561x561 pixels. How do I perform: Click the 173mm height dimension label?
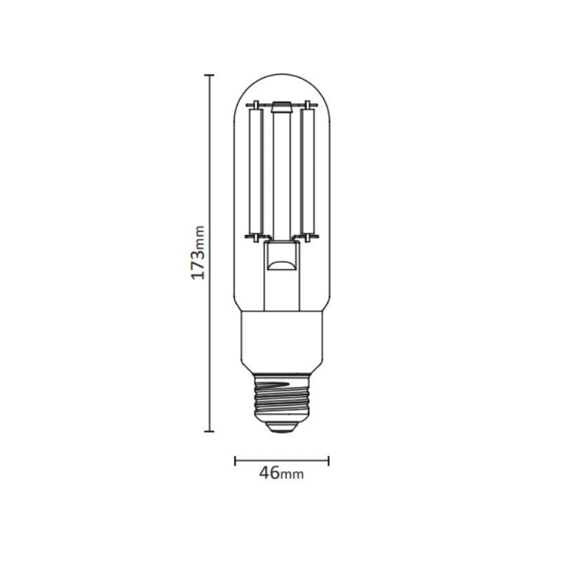pos(198,252)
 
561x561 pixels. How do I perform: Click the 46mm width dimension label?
pos(280,473)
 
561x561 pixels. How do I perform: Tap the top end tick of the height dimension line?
pos(209,74)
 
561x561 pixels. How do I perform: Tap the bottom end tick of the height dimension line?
pos(209,432)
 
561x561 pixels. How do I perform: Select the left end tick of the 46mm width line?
pos(235,461)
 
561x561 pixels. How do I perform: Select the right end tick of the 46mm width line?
pos(329,461)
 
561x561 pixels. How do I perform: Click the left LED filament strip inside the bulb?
pos(256,172)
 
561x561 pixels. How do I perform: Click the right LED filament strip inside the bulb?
pos(306,172)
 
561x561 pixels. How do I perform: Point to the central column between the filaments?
pos(281,175)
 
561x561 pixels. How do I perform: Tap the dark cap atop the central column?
pos(281,108)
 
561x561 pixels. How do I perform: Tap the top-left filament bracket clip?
pos(254,105)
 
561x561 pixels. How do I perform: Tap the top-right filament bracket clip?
pos(309,105)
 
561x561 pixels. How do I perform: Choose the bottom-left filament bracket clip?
pos(254,237)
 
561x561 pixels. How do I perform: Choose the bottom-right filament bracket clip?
pos(309,237)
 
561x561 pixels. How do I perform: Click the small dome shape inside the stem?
pos(282,264)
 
